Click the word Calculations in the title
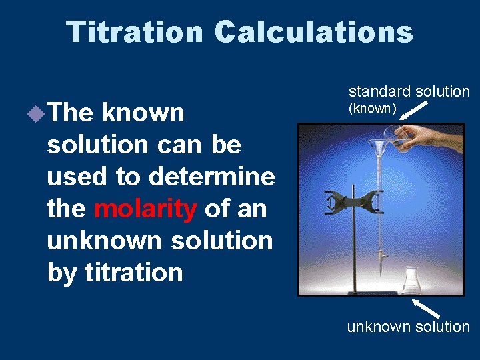point(314,32)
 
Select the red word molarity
point(145,209)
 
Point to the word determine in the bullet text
point(212,177)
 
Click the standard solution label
point(409,91)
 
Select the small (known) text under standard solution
point(373,108)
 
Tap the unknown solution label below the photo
point(408,327)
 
